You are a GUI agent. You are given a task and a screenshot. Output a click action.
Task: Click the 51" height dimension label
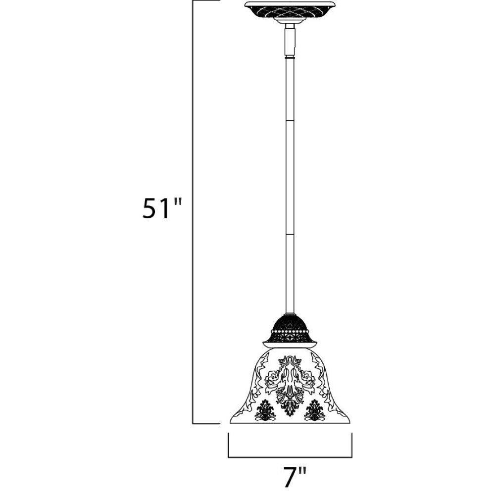162,208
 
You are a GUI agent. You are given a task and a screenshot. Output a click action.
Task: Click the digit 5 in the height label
150,208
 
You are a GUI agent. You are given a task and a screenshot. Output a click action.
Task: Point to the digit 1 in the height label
166,208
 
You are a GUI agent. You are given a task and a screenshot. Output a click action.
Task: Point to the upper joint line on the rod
290,120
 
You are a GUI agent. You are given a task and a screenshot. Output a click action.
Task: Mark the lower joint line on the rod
290,235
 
